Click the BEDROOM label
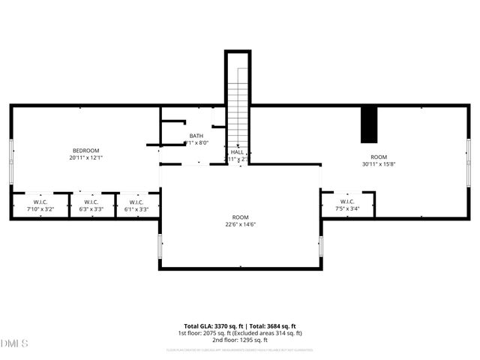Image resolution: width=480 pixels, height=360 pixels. pyautogui.click(x=85, y=151)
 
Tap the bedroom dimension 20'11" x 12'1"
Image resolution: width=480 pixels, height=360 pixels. pyautogui.click(x=85, y=157)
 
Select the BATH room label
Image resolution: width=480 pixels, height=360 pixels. pyautogui.click(x=196, y=136)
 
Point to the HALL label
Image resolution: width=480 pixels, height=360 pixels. pyautogui.click(x=237, y=151)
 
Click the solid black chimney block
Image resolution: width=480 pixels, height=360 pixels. pyautogui.click(x=368, y=124)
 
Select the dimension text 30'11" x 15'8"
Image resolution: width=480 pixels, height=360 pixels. pyautogui.click(x=378, y=163)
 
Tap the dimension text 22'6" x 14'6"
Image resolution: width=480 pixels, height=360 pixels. pyautogui.click(x=240, y=224)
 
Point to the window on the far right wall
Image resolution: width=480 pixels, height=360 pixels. pyautogui.click(x=469, y=154)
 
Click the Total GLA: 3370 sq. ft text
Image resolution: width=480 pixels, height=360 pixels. pyautogui.click(x=209, y=325)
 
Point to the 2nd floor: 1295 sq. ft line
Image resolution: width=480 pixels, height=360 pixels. pyautogui.click(x=240, y=340)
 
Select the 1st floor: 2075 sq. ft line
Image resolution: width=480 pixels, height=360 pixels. pyautogui.click(x=240, y=333)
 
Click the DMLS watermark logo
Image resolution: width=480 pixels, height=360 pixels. pyautogui.click(x=14, y=343)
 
